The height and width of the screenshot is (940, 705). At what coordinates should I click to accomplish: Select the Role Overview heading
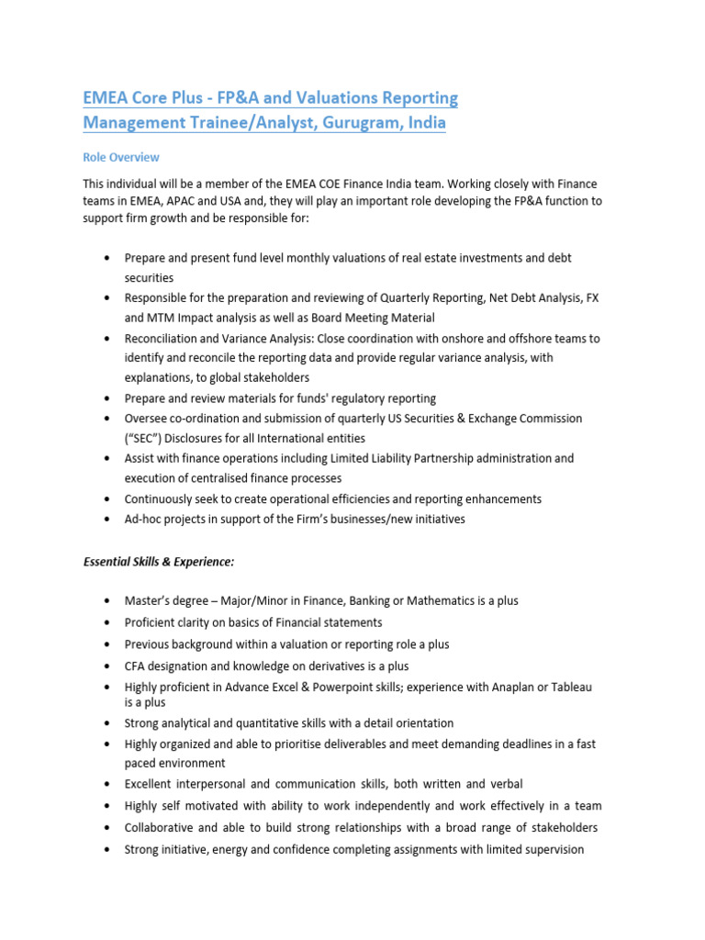121,157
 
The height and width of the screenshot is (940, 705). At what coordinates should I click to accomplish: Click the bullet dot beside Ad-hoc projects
109,519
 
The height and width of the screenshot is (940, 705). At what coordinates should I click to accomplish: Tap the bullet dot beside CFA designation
109,666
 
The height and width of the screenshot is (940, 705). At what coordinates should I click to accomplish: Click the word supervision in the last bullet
547,850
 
